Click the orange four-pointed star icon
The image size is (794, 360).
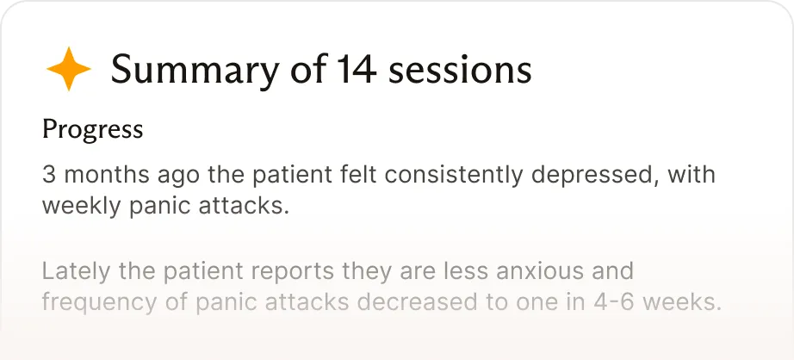pyautogui.click(x=69, y=69)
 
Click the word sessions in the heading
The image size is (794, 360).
pyautogui.click(x=460, y=70)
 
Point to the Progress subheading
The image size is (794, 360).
pyautogui.click(x=93, y=130)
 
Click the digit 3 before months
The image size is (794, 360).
pyautogui.click(x=48, y=175)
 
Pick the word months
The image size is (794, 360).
pyautogui.click(x=107, y=175)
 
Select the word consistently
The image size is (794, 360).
pyautogui.click(x=453, y=176)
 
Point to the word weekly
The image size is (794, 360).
pyautogui.click(x=82, y=207)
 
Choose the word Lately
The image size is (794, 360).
pyautogui.click(x=76, y=272)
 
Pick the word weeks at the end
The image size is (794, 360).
pyautogui.click(x=682, y=302)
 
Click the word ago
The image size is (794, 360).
pyautogui.click(x=178, y=177)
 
